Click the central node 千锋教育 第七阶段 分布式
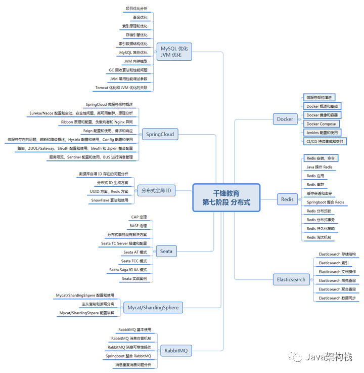226,197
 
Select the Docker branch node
285,119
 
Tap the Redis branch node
287,199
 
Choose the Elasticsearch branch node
291,279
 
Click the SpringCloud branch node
160,134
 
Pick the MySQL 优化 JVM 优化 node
174,52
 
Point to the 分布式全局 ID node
156,191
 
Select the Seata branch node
166,251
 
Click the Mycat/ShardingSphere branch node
153,307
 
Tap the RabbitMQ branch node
175,350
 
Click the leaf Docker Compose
321,124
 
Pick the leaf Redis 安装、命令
321,158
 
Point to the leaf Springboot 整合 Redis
325,202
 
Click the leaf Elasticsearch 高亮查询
337,280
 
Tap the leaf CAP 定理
139,217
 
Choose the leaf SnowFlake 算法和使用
110,200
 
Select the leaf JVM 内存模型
135,61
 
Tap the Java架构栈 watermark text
328,357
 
